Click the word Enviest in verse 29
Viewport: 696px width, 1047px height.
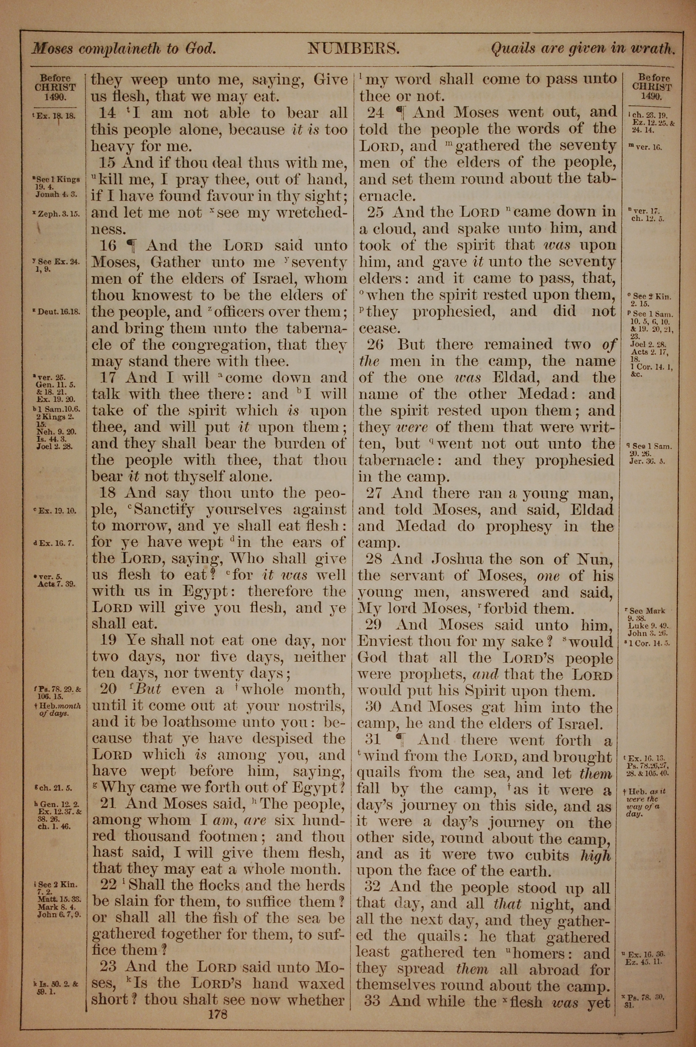click(380, 642)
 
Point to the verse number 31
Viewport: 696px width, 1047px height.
click(374, 741)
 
